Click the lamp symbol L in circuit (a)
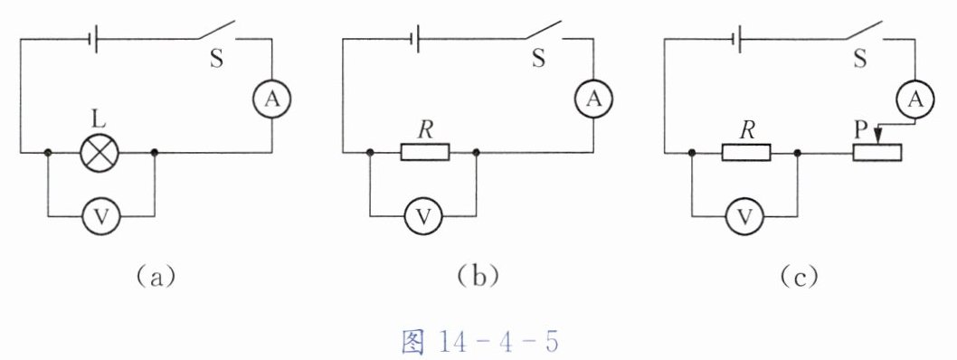(x=99, y=152)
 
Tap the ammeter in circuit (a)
(x=271, y=99)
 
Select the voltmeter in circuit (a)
(x=101, y=216)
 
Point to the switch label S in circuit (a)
(x=217, y=61)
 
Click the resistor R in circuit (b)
(x=425, y=152)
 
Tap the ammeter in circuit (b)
(x=594, y=99)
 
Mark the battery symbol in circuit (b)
(x=416, y=40)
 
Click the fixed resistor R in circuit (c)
(x=746, y=152)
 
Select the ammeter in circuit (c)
(x=914, y=99)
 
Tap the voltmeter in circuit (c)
(x=744, y=216)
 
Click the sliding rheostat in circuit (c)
(x=877, y=152)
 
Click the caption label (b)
(x=478, y=277)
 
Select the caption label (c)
(x=798, y=277)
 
